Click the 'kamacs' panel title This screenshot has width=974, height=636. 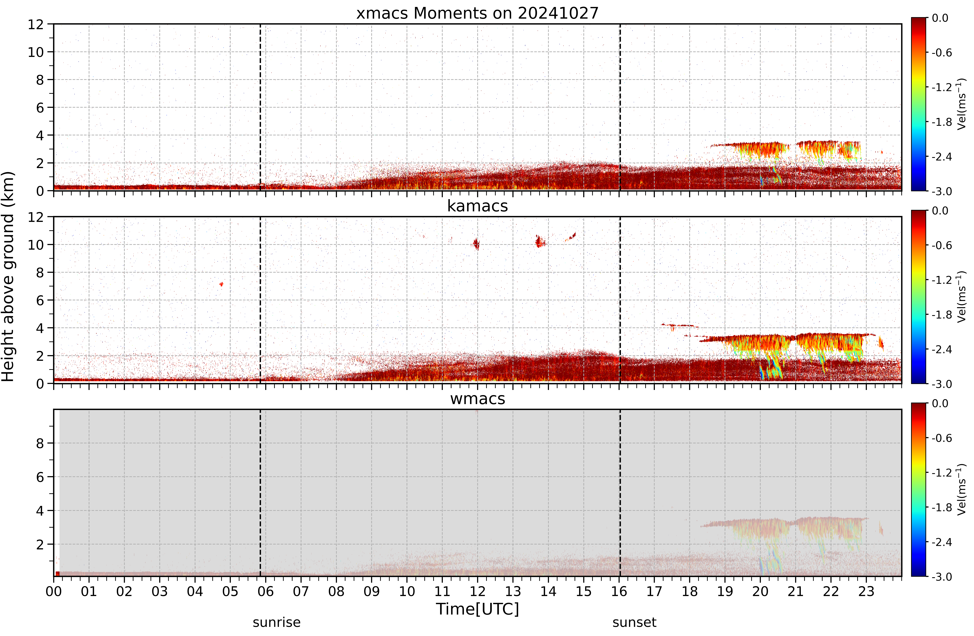coord(477,206)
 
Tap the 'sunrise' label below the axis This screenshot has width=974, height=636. coord(277,623)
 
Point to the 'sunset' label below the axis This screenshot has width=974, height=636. coord(634,623)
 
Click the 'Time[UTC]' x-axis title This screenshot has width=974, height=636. coord(477,609)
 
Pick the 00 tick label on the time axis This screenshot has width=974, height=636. coord(54,591)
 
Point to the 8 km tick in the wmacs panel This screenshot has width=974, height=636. coord(40,443)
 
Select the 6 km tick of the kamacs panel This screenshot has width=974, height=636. coord(40,300)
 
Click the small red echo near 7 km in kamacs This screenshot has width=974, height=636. coord(221,284)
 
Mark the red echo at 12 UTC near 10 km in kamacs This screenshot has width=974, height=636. coord(476,244)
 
